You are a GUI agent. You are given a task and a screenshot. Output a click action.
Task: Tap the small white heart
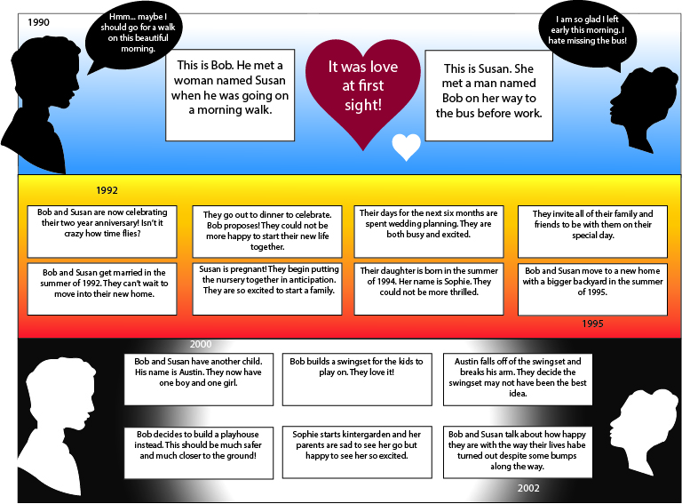coord(406,147)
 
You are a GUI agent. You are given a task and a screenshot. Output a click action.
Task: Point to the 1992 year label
coord(107,190)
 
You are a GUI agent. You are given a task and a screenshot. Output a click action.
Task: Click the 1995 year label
coord(593,324)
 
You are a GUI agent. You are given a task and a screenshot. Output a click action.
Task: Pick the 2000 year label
coord(201,344)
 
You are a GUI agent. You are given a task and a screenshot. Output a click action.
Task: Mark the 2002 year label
coord(528,488)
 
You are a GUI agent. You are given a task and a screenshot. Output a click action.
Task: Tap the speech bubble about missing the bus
coord(584,32)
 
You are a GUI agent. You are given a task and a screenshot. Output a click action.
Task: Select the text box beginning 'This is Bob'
coord(230,94)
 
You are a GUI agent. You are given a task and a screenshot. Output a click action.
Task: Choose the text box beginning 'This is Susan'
coord(488,94)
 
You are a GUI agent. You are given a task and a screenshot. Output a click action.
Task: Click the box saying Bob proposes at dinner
coord(266,231)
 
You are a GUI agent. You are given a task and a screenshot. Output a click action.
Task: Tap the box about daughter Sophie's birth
coord(427,288)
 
